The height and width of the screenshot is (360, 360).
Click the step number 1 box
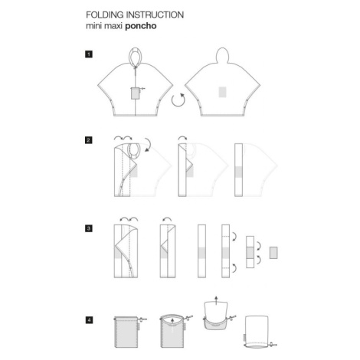click(89, 54)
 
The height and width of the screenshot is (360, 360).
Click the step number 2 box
click(89, 140)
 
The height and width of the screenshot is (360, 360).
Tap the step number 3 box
click(89, 228)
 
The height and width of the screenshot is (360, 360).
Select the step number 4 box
click(89, 320)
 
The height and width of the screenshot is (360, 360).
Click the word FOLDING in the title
click(105, 15)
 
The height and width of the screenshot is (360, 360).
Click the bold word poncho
click(141, 26)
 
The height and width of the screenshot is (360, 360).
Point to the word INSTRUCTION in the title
click(155, 15)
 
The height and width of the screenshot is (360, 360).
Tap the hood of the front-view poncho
click(135, 56)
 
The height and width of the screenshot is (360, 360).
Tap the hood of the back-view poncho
click(223, 55)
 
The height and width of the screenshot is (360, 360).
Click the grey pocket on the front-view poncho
click(135, 93)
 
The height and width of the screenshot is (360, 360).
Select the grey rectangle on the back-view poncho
click(223, 92)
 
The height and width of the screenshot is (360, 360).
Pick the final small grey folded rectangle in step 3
click(273, 253)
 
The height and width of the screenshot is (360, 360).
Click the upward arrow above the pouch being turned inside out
click(216, 300)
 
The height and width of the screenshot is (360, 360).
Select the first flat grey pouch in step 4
click(126, 332)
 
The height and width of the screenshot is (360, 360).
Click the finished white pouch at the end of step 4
click(257, 332)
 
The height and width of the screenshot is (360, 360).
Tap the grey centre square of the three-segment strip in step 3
click(250, 252)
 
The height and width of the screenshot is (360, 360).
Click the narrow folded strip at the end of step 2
click(238, 170)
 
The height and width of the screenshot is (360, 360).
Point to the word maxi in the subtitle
click(113, 26)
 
